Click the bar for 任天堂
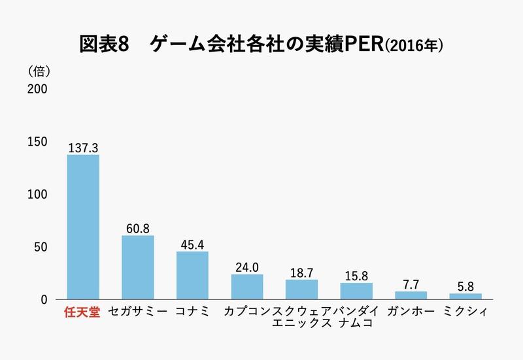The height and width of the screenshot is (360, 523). tap(83, 227)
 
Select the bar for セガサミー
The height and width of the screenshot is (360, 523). tap(138, 268)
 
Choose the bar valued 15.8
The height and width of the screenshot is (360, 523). tap(356, 291)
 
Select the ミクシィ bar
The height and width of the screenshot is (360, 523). tap(465, 297)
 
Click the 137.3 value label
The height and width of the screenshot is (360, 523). tap(83, 148)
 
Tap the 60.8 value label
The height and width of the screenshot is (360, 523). tap(138, 229)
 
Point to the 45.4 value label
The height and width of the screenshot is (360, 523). tap(192, 245)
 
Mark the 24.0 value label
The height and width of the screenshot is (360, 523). tap(247, 268)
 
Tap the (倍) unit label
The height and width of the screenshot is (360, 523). tap(39, 70)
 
